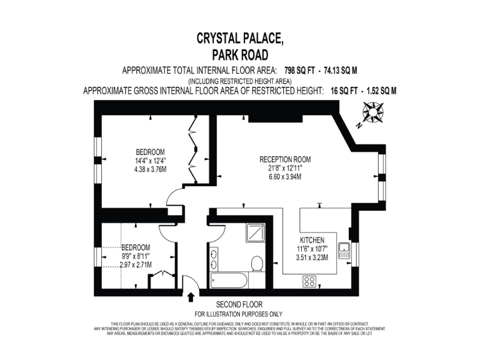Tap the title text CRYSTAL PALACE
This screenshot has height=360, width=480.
(x=239, y=38)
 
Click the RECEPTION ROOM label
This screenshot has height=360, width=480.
(x=285, y=159)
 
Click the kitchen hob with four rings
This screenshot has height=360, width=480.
(x=309, y=281)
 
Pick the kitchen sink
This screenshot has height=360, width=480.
(x=344, y=251)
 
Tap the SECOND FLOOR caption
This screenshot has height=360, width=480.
(x=239, y=304)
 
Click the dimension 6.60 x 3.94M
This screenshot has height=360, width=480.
(x=285, y=177)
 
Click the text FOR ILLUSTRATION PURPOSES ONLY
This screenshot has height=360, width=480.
(x=239, y=313)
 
